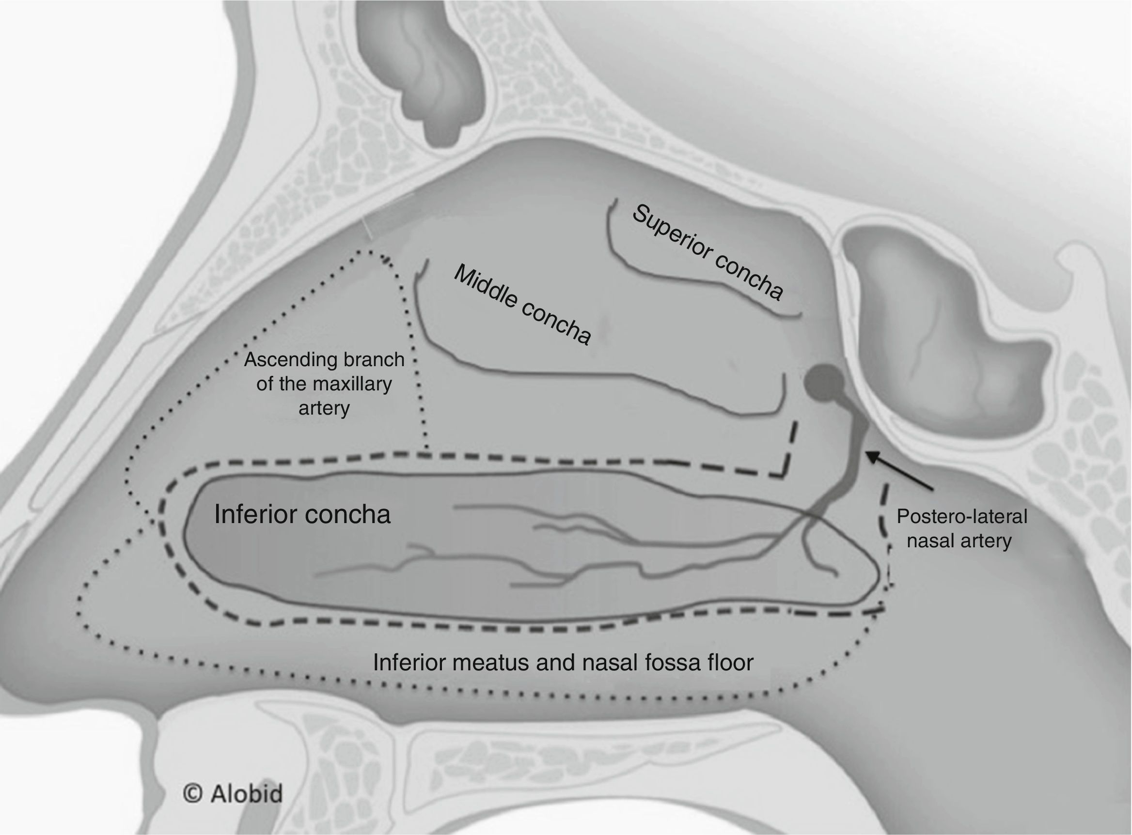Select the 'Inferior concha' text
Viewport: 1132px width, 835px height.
point(302,514)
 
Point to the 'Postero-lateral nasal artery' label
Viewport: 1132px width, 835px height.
point(961,529)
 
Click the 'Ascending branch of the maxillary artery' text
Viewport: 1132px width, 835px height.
point(324,384)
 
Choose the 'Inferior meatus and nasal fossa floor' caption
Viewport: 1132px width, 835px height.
point(563,662)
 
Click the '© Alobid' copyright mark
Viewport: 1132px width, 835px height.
point(233,793)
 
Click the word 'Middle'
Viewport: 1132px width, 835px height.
point(486,286)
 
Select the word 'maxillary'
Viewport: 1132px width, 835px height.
point(357,384)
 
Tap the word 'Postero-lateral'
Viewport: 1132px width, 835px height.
point(961,517)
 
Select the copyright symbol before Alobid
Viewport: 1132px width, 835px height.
point(192,793)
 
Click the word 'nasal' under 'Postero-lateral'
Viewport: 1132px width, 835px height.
point(929,541)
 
